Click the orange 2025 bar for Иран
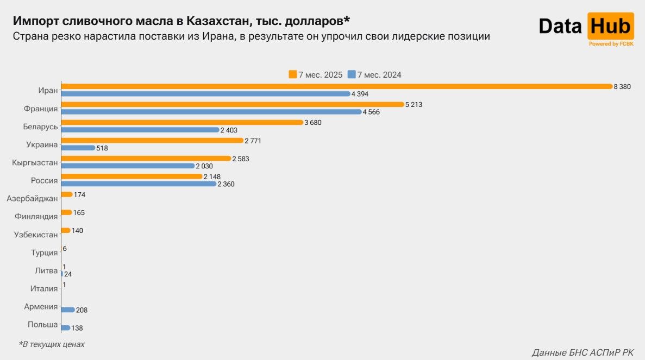coord(337,86)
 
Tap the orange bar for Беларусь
coord(181,123)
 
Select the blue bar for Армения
coord(67,310)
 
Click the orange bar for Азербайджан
coord(66,194)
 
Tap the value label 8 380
coord(622,87)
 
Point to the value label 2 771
coord(253,141)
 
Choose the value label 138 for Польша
coord(77,328)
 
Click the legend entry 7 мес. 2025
coord(316,75)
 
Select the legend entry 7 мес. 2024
coord(374,75)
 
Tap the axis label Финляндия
coord(36,217)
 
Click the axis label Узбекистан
coord(36,235)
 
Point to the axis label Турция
coord(45,252)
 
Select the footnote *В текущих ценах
coord(52,344)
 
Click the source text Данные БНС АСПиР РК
coord(583,352)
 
